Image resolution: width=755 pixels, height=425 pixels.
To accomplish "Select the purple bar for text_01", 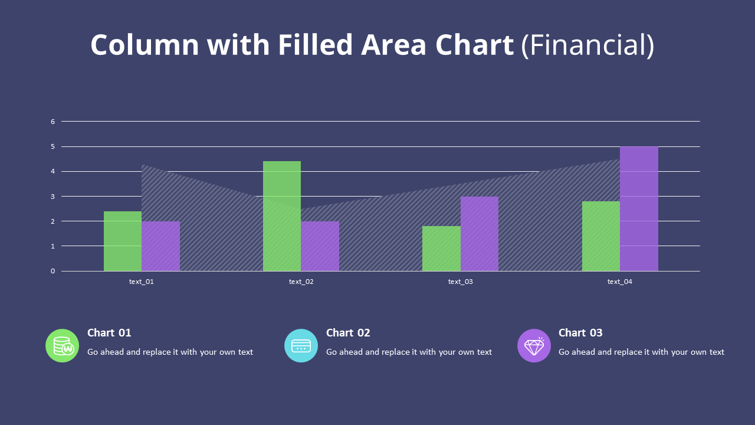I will click(x=160, y=246).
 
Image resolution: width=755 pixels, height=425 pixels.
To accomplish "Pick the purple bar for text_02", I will click(x=320, y=246).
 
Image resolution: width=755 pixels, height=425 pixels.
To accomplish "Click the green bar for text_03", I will click(x=441, y=249).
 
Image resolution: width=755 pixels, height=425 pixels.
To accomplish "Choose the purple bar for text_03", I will click(x=479, y=234).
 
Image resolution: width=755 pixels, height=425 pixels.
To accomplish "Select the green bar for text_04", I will click(x=600, y=236).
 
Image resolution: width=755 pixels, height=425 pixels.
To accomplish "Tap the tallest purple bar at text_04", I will click(x=639, y=209).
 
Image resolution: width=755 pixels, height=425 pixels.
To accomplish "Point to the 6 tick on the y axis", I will click(x=52, y=122).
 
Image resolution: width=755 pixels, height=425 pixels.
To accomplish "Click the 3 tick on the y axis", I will click(x=52, y=197).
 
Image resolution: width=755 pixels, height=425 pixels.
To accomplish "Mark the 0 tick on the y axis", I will click(x=52, y=271).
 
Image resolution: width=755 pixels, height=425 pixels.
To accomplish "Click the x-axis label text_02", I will click(x=301, y=282).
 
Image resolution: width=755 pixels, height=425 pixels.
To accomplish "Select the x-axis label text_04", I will click(x=619, y=282).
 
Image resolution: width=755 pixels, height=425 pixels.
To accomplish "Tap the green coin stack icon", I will click(x=63, y=345).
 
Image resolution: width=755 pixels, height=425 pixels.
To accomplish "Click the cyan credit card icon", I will click(x=301, y=345).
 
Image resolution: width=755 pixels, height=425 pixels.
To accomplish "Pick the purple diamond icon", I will click(x=534, y=345).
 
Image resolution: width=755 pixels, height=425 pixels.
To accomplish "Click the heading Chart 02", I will click(x=348, y=333).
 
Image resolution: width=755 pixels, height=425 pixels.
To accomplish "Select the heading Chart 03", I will click(x=580, y=333).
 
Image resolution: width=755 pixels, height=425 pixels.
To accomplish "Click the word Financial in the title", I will click(x=587, y=45).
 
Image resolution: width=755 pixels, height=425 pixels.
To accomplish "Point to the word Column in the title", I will click(x=145, y=45).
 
